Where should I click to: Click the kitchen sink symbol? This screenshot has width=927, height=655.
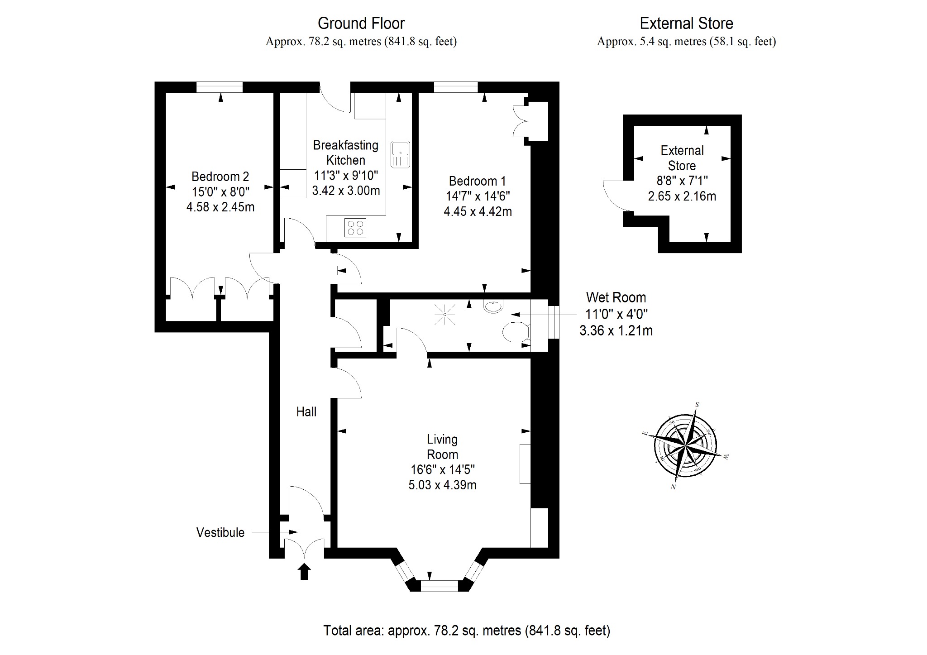click(400, 154)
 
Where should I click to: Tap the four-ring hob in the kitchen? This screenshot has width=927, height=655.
click(355, 228)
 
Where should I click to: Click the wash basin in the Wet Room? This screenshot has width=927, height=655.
click(493, 307)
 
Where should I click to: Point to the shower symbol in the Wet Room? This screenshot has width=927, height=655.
click(445, 314)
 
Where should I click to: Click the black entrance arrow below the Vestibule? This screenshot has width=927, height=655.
click(304, 571)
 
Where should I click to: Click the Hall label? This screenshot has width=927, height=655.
click(306, 411)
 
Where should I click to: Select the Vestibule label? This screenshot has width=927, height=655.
click(220, 532)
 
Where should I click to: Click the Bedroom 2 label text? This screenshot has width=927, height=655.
click(220, 176)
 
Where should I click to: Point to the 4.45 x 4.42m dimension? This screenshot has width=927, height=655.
click(478, 211)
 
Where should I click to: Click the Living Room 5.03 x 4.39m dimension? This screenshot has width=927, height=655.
click(443, 485)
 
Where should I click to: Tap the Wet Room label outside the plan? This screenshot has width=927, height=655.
click(616, 297)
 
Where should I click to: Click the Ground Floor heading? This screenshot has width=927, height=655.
click(361, 23)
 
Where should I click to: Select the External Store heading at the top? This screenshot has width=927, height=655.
click(687, 23)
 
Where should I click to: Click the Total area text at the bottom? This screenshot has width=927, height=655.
click(467, 630)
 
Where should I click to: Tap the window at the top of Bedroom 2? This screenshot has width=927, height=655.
click(220, 87)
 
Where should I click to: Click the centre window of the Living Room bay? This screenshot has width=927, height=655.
click(440, 586)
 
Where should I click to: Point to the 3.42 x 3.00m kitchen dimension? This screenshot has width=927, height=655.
click(346, 191)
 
